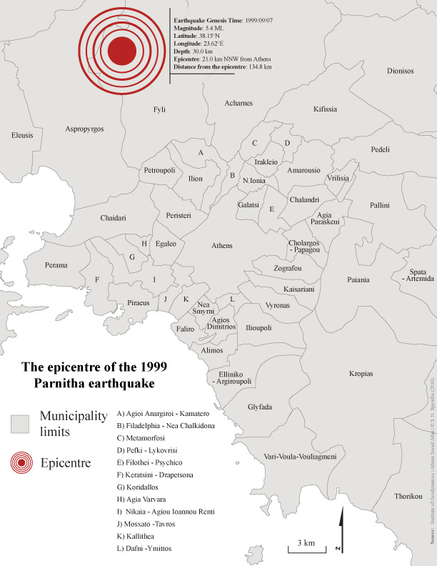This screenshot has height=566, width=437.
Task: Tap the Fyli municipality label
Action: [x=159, y=109]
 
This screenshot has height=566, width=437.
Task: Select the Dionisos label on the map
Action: [x=400, y=71]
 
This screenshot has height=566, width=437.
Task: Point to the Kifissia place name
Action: [x=325, y=109]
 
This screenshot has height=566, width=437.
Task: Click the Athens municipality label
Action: [x=222, y=246]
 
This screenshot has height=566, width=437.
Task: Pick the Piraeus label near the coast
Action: [x=139, y=303]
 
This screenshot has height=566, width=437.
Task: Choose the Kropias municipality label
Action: [x=360, y=373]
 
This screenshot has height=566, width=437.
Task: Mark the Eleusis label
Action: [x=21, y=135]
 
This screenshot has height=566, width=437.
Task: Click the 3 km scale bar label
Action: [x=298, y=543]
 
